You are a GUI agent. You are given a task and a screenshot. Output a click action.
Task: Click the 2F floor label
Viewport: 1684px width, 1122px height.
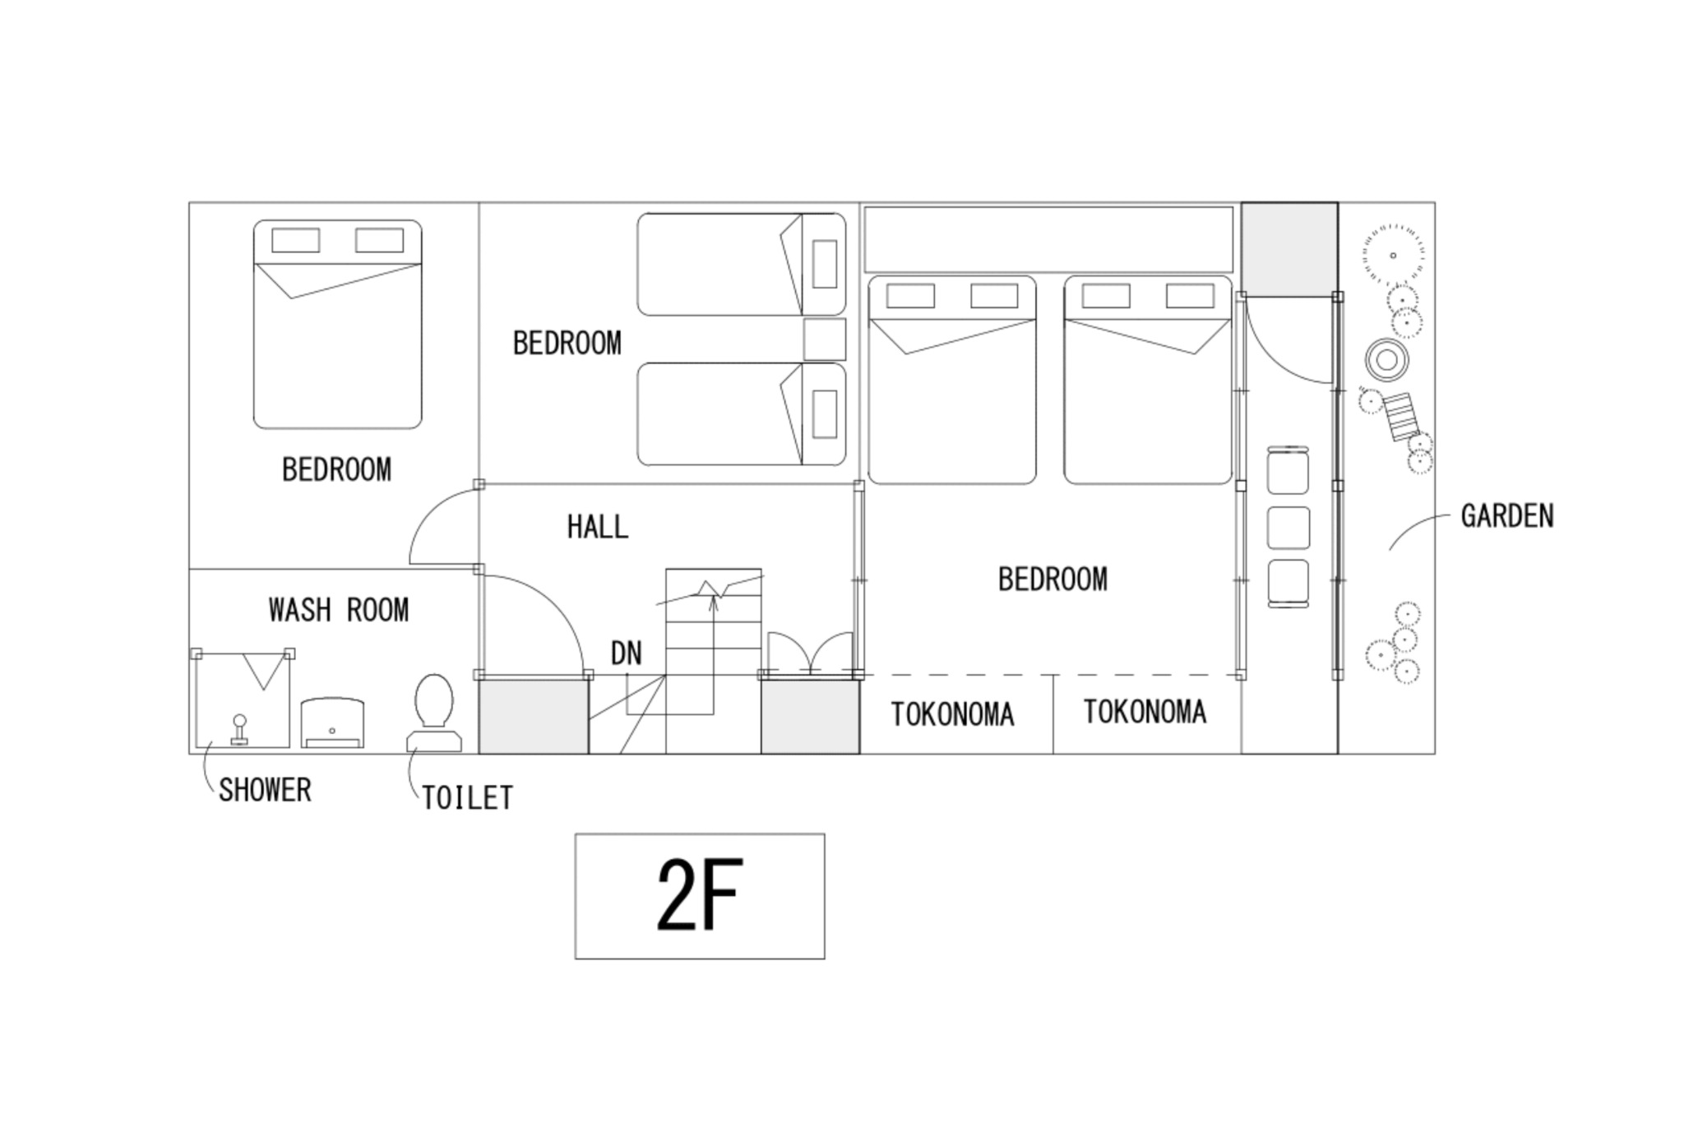[x=700, y=895]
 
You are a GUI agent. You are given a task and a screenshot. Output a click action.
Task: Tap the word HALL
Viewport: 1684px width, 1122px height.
[x=598, y=527]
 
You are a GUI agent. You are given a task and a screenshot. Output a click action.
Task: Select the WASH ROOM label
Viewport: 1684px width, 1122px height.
[x=339, y=610]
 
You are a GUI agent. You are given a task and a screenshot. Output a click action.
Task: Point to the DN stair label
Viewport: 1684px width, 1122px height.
[x=626, y=653]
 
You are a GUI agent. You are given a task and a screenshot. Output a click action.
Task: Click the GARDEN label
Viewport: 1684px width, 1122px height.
[x=1507, y=516]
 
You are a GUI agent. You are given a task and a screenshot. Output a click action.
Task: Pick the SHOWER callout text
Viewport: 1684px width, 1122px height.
[x=265, y=790]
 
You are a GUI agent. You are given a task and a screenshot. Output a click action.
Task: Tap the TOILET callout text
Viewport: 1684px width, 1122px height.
[x=467, y=798]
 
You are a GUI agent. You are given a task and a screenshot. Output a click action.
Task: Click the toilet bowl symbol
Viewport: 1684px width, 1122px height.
[x=434, y=713]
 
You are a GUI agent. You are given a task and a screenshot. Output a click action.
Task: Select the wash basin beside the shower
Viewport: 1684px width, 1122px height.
[x=332, y=723]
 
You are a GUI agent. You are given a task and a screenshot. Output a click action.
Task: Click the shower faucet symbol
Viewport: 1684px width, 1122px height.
[x=239, y=730]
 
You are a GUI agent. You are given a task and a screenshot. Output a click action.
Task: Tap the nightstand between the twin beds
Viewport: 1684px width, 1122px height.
[x=825, y=339]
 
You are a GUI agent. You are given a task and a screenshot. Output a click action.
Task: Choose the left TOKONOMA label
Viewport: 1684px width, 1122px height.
[x=952, y=714]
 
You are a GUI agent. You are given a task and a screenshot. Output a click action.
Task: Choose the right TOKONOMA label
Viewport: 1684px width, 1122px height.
[x=1145, y=712]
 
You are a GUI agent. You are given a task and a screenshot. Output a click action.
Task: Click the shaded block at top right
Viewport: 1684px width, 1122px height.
[x=1289, y=249]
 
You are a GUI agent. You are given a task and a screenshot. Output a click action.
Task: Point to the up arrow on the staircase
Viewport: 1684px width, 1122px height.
[x=713, y=653]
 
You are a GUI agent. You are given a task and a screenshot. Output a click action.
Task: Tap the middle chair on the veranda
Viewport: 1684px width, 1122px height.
[x=1288, y=528]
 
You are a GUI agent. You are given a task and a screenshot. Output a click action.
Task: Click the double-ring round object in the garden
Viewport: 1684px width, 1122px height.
[x=1387, y=360]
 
